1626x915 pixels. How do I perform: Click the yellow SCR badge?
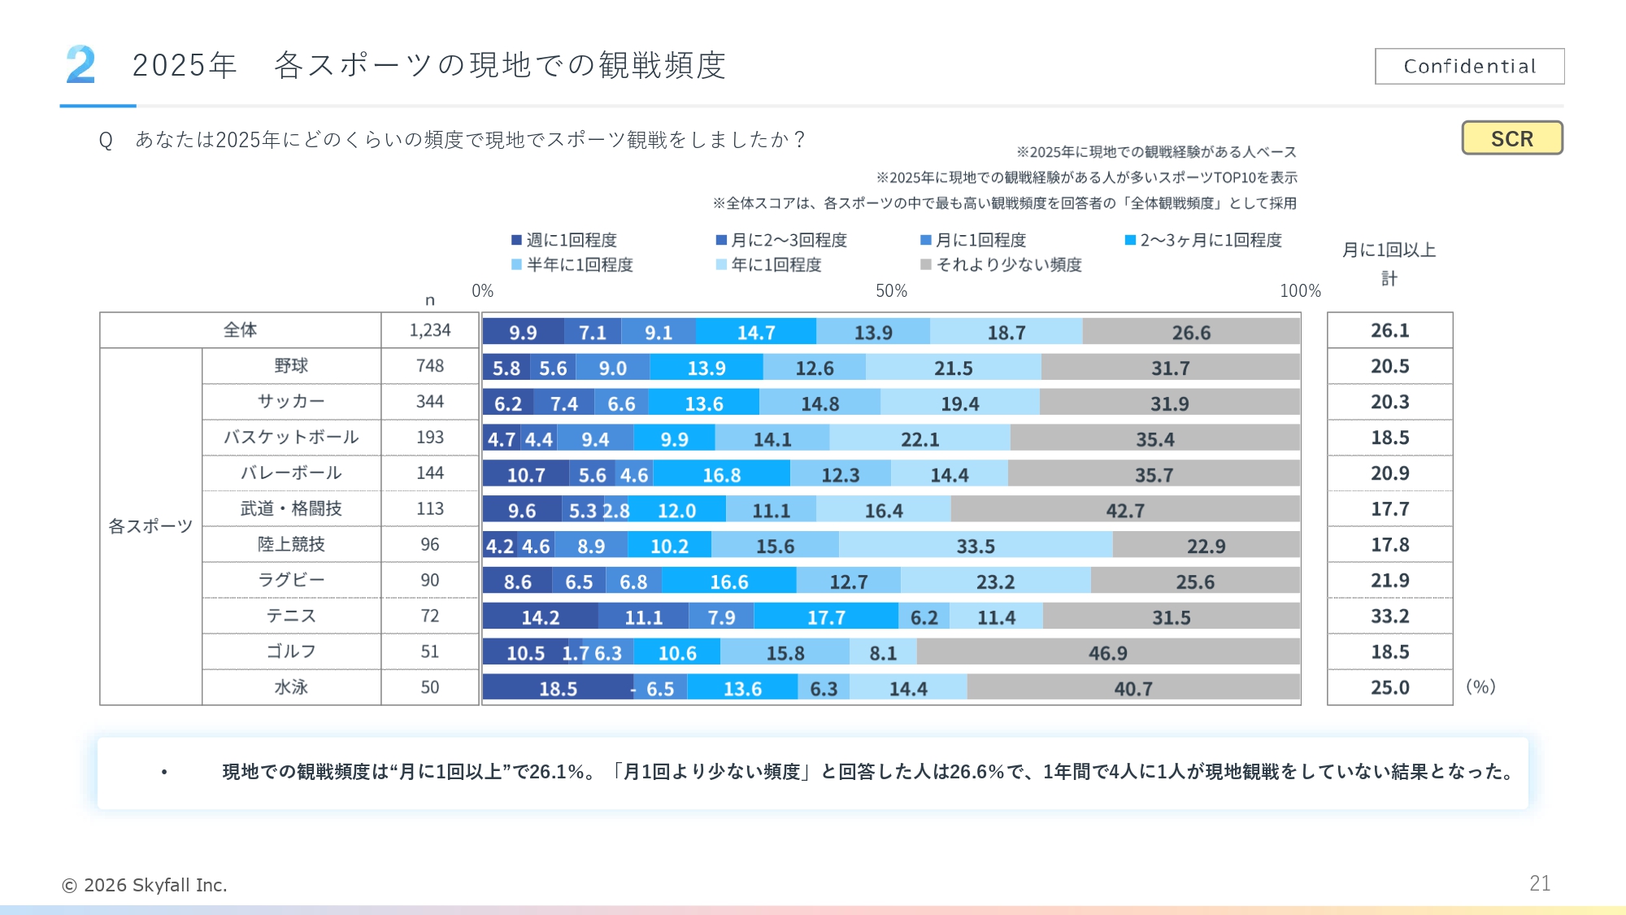click(x=1511, y=138)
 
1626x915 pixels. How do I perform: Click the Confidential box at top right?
click(x=1469, y=66)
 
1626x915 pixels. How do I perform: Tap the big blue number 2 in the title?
click(x=80, y=65)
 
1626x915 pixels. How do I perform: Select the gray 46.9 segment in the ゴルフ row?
click(x=1107, y=653)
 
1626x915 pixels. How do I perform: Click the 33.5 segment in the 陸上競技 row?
click(x=975, y=546)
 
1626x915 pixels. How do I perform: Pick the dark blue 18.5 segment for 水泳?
click(x=558, y=689)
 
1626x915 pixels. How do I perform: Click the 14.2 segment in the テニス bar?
click(x=540, y=617)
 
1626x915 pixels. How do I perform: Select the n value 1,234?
click(x=429, y=330)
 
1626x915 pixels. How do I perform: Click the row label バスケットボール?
click(x=291, y=438)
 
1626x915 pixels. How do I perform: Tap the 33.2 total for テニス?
click(x=1389, y=617)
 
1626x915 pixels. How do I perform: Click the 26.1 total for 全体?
click(x=1389, y=330)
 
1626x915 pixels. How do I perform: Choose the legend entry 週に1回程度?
click(x=564, y=240)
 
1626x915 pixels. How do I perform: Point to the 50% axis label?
click(x=891, y=291)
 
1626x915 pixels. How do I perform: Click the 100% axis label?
click(x=1299, y=291)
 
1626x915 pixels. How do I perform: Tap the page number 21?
click(x=1539, y=883)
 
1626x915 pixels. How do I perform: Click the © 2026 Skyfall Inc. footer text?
click(x=145, y=885)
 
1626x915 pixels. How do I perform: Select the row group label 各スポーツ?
click(x=150, y=526)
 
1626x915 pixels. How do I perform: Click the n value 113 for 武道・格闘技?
click(x=429, y=509)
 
